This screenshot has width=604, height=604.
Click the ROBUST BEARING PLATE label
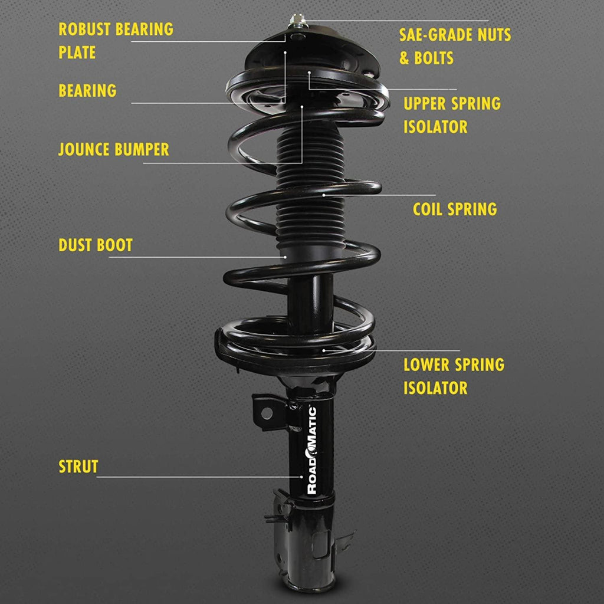116,41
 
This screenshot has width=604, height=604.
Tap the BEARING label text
87,91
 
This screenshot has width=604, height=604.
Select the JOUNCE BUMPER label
113,149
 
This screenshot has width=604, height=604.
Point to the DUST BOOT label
96,245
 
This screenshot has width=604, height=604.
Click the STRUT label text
78,467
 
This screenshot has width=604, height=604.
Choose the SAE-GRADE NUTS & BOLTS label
455,46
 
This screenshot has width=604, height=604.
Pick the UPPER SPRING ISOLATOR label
452,115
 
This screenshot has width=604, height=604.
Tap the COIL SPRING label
454,209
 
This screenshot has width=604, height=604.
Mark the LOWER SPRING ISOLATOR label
454,376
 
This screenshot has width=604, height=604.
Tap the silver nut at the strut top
295,23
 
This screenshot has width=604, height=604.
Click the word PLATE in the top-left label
77,52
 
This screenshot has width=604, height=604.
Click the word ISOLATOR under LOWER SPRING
435,388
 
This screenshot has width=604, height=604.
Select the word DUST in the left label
74,245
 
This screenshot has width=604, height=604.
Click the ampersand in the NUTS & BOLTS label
405,58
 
